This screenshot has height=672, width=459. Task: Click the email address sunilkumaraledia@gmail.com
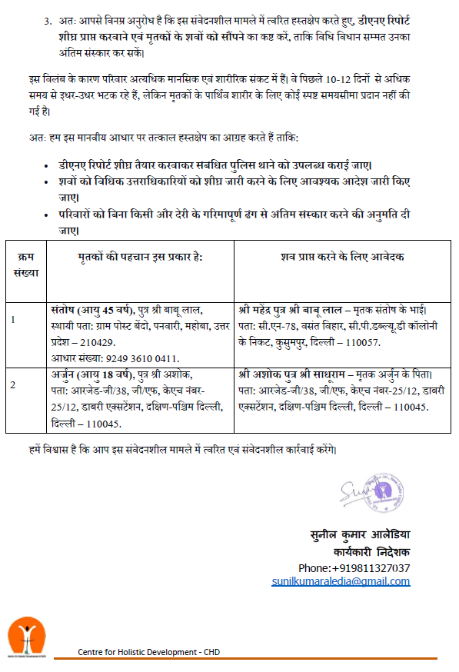tap(341, 581)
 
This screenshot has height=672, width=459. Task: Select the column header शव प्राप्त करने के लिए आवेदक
tap(342, 256)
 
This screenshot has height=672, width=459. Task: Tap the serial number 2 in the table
tap(13, 384)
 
